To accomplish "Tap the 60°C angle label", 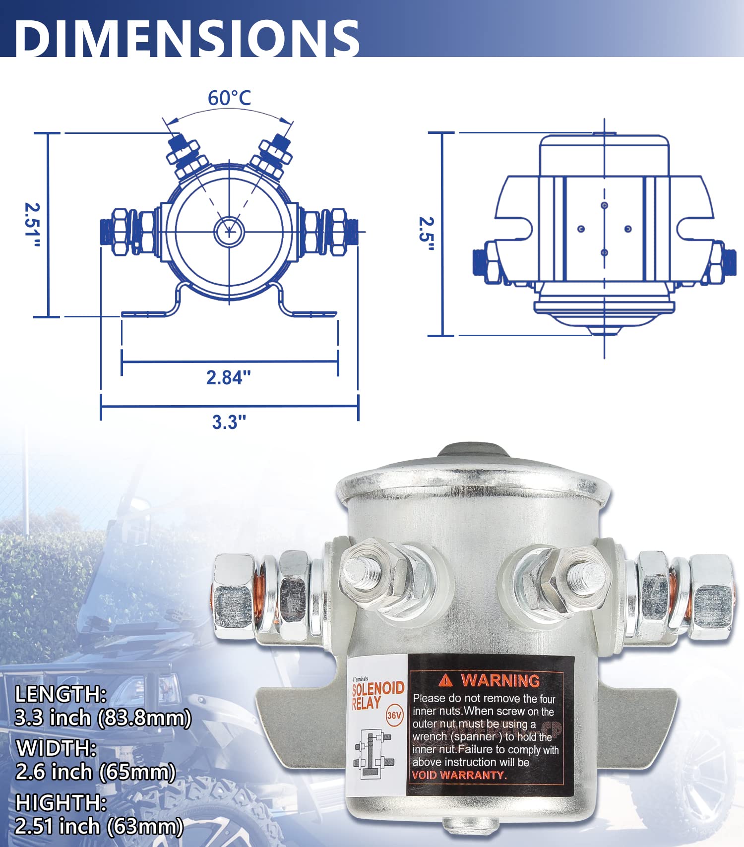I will (x=229, y=98).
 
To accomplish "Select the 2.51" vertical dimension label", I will (x=33, y=226).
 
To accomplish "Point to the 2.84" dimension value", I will (x=229, y=377).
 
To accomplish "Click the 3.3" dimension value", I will (x=229, y=422).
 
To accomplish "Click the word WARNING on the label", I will (x=500, y=680).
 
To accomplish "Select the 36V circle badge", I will (x=394, y=716).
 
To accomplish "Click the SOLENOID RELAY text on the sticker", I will (x=377, y=695).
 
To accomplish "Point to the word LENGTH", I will (x=61, y=694).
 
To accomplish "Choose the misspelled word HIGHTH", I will (x=61, y=802).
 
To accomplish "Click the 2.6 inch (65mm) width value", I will (x=96, y=772).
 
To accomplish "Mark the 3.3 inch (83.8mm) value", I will (x=103, y=718).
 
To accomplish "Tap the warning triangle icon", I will (x=446, y=680).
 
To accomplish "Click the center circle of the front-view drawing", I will (x=229, y=231).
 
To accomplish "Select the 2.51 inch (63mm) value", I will (x=99, y=826).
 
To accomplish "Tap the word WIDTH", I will (x=56, y=748).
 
